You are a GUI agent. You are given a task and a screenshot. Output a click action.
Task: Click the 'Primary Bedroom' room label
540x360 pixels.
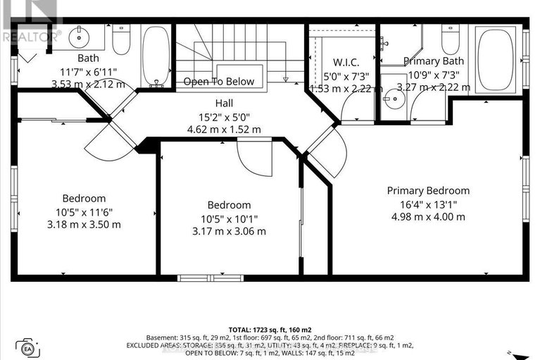(x=428, y=191)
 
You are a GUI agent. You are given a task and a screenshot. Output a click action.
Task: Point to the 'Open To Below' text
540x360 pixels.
(x=219, y=82)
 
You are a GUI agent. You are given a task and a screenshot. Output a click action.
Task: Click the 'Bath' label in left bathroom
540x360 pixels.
(x=88, y=58)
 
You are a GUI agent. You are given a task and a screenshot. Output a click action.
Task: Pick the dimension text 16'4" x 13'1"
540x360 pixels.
(x=428, y=204)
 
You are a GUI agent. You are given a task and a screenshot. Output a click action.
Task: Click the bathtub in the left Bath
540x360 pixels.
(x=156, y=55)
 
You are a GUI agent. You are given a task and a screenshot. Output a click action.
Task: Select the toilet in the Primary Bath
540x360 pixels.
(x=451, y=39)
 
